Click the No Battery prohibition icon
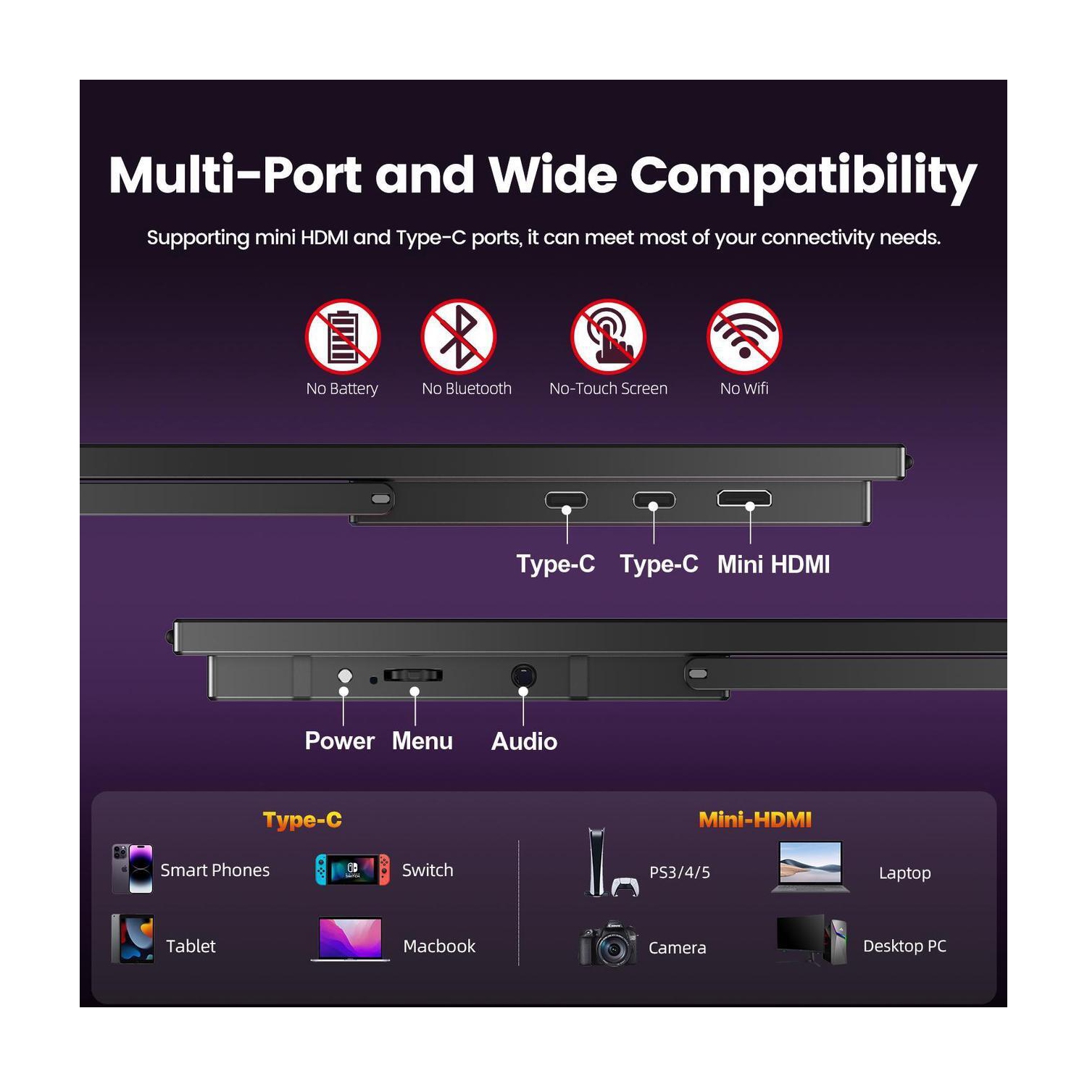tap(342, 336)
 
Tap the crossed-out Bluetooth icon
tap(458, 336)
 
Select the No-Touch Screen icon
tap(608, 336)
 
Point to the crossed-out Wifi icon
tap(744, 336)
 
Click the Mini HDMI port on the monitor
tap(744, 499)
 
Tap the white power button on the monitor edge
tap(345, 675)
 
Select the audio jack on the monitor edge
tap(523, 675)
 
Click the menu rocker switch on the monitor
tap(413, 675)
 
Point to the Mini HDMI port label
tap(773, 565)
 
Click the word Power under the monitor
tap(339, 741)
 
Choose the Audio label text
tap(524, 741)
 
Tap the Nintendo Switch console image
tap(352, 870)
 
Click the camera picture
tap(609, 944)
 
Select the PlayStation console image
tap(609, 864)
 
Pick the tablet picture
tap(133, 939)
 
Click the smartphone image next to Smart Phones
tap(133, 868)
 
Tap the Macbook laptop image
tap(351, 939)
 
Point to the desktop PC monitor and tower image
tap(812, 939)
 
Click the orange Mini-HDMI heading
tap(755, 820)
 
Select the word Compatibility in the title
tap(803, 176)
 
